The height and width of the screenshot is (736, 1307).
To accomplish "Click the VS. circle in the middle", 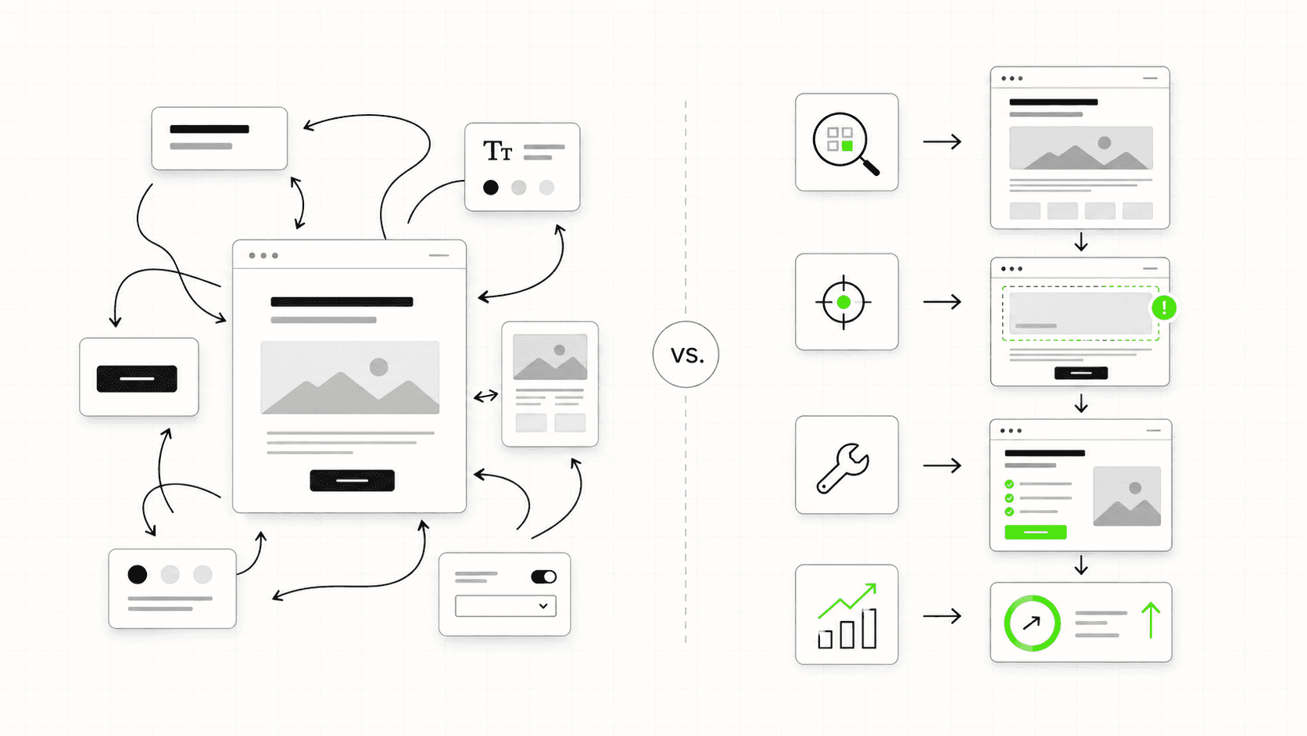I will pos(686,354).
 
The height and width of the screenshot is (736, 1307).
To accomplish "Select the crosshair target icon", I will pos(843,302).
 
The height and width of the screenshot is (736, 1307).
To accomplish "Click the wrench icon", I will pos(843,467).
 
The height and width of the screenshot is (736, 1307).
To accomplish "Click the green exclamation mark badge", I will pos(1164,307).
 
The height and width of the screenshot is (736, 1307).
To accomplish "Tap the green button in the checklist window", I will pos(1035,532).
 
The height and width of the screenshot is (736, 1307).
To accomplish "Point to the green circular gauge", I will pos(1032,623).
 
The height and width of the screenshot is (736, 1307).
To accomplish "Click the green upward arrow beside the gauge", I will pos(1151,619).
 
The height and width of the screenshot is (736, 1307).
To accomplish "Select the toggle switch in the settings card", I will pos(543,577).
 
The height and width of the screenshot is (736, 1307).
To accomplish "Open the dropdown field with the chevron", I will pos(506,606).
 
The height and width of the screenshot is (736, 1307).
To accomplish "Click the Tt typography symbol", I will pos(497,150).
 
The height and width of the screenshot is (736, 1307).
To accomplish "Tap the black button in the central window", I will pos(352,480).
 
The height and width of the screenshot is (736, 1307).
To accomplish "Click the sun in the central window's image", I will pos(379,367).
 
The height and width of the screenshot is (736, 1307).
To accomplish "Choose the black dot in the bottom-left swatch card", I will pos(138,575).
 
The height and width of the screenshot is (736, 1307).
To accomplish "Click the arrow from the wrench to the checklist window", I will pos(942,466).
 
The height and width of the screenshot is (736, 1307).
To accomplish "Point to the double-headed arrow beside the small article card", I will pos(485,397).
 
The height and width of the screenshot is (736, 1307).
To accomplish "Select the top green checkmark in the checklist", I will pos(1009,484).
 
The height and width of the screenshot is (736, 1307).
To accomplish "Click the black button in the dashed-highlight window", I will pos(1080,373).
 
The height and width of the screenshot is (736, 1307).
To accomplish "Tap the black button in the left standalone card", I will pos(137,379).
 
